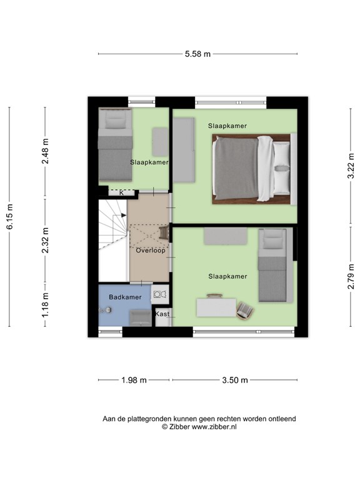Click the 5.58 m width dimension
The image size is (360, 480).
197,54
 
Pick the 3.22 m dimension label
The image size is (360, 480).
350,166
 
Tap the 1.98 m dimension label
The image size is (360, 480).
133,380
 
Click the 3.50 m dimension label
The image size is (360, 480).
234,380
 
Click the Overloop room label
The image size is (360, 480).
151,251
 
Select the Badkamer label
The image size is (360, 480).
125,297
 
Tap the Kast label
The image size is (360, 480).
162,314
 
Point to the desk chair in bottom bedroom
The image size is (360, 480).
245,309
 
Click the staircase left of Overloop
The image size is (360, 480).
112,241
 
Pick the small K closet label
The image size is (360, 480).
122,192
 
